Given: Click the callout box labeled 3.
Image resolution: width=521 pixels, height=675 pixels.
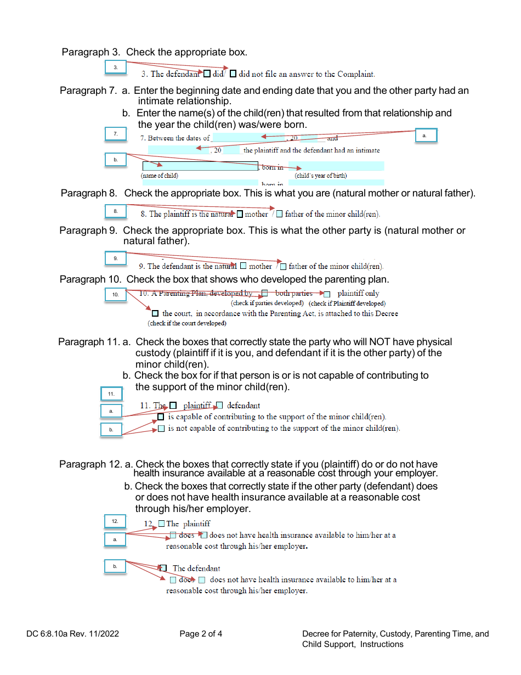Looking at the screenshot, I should click(116, 67).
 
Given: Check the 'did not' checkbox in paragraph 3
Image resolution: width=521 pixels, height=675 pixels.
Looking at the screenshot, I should click(233, 74).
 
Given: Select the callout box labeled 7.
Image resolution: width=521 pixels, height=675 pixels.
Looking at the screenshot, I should click(116, 134).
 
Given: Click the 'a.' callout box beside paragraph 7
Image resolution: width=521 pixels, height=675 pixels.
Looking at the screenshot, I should click(426, 135).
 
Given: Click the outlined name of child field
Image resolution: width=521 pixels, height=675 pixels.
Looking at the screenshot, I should click(200, 166).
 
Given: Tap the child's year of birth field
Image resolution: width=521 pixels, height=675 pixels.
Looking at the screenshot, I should click(336, 166).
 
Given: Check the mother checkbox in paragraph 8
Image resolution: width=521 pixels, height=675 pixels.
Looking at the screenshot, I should click(240, 214).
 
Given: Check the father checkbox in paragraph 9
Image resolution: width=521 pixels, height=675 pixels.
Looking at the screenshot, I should click(283, 267).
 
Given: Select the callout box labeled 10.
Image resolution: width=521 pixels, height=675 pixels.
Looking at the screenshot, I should click(116, 295).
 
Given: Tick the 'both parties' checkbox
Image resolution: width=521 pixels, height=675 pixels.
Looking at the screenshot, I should click(265, 294).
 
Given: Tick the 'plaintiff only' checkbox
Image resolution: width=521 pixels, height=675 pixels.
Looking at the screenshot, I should click(327, 294).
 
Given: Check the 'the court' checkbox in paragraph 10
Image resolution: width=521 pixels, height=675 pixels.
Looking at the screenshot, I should click(155, 313).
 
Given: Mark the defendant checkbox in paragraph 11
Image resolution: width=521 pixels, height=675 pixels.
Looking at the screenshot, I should click(219, 406).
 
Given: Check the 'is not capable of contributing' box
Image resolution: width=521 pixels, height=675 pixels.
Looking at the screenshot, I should click(161, 429).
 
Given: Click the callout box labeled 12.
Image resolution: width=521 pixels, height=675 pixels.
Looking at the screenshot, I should click(115, 521).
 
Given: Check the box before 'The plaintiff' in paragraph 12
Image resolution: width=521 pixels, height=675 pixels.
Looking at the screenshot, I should click(161, 524).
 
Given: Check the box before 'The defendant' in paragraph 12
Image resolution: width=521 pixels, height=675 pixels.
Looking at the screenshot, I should click(163, 568).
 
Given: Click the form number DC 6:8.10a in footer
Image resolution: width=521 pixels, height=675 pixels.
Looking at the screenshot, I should click(72, 634).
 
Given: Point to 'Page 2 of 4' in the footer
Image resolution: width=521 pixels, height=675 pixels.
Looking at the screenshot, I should click(201, 634).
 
